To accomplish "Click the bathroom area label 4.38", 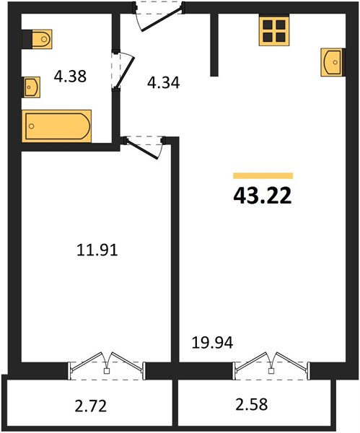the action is click(70, 76).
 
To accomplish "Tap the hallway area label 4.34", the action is click(164, 82).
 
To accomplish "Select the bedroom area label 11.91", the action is click(97, 250).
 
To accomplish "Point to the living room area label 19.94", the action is click(212, 342).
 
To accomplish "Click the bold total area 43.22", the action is click(263, 196).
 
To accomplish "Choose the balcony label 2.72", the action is click(91, 406).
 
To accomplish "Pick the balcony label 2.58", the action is click(252, 404).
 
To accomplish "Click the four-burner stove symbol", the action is click(274, 30).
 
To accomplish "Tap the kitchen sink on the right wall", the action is click(332, 62).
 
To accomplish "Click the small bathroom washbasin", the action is click(32, 87).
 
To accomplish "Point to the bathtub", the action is click(57, 126).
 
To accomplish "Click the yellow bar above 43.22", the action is click(263, 176).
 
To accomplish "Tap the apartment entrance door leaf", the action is click(162, 19).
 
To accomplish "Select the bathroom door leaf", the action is click(125, 71).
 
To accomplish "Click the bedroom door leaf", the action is click(141, 149).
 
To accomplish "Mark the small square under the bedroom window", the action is click(107, 371).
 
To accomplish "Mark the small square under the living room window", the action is click(272, 371).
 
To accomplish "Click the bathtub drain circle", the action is click(32, 126).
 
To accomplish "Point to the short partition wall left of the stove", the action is click(214, 45).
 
